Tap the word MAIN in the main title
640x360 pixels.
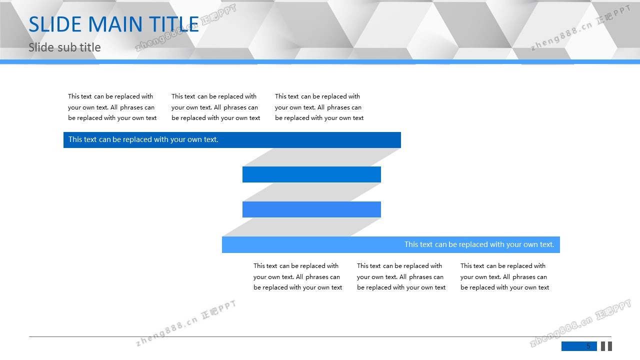tap(115, 24)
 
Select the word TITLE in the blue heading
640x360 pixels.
tap(173, 24)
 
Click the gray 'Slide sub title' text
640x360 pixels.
tap(64, 47)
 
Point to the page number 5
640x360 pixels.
tap(588, 346)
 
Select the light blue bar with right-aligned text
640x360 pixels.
tap(391, 244)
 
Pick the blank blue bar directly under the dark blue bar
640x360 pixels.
tap(311, 174)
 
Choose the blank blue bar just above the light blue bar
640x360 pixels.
tap(311, 209)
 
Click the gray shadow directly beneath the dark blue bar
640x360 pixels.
tap(321, 157)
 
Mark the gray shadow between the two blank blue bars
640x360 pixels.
tap(311, 192)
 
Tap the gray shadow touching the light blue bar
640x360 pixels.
tap(301, 227)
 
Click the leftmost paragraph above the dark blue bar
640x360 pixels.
tap(112, 107)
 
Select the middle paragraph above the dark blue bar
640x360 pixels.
tap(215, 107)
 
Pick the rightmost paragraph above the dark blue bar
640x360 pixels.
tap(319, 107)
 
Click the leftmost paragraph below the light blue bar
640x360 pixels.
tap(297, 276)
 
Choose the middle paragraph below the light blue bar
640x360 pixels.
tap(401, 276)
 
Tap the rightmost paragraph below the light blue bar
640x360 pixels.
tap(504, 276)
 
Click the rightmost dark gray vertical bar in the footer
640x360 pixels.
tap(610, 346)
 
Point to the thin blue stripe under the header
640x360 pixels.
tap(320, 61)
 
